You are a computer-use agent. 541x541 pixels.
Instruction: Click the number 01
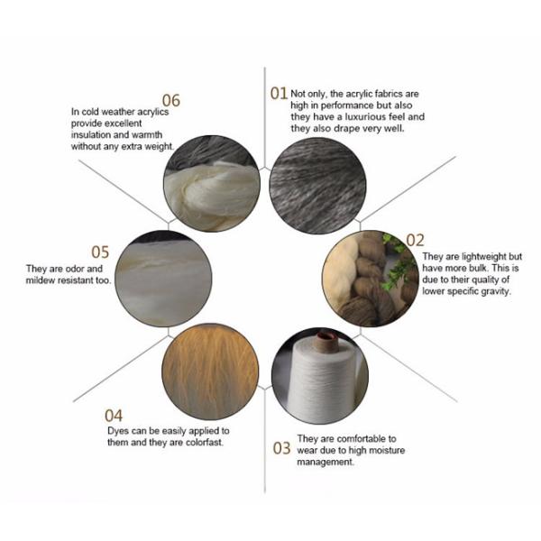pos(279,93)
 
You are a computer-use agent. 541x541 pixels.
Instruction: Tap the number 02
pos(415,240)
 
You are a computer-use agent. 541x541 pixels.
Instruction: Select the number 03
pos(281,448)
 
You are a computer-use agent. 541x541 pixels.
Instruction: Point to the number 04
pos(114,416)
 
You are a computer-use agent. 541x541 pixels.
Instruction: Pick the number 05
pos(100,252)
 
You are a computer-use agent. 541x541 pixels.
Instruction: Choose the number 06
pos(171,100)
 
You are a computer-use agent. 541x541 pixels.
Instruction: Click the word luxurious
pos(365,117)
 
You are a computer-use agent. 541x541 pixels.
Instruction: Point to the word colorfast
pos(205,443)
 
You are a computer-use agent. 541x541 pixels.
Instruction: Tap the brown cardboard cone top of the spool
pos(326,336)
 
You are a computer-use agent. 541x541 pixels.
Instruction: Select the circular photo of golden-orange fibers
pos(210,371)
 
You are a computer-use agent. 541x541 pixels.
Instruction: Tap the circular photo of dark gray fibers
pos(317,185)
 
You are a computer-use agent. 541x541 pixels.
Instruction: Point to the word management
pos(326,463)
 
